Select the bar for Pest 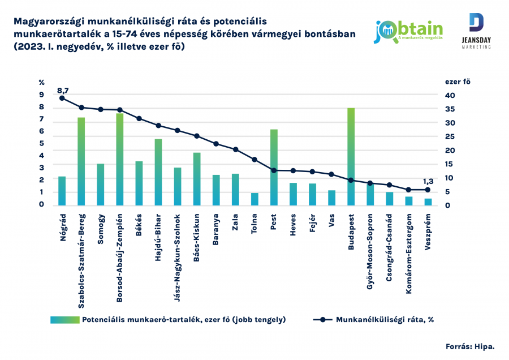point(274,168)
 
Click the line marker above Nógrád point(62,98)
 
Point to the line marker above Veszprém point(428,190)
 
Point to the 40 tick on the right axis point(449,96)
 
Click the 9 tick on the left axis point(41,96)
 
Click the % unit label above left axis point(41,82)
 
